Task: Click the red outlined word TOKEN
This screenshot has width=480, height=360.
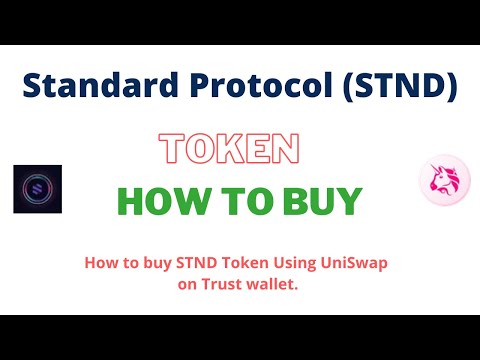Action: click(230, 149)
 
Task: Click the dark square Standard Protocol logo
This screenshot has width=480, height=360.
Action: click(38, 189)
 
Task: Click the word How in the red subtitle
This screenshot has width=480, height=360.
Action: click(102, 264)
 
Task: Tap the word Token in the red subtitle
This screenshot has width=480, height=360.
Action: click(243, 264)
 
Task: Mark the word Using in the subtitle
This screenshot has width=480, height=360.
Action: click(291, 264)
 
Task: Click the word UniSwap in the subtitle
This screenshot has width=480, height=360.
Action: click(349, 264)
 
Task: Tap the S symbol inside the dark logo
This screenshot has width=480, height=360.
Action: click(38, 189)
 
